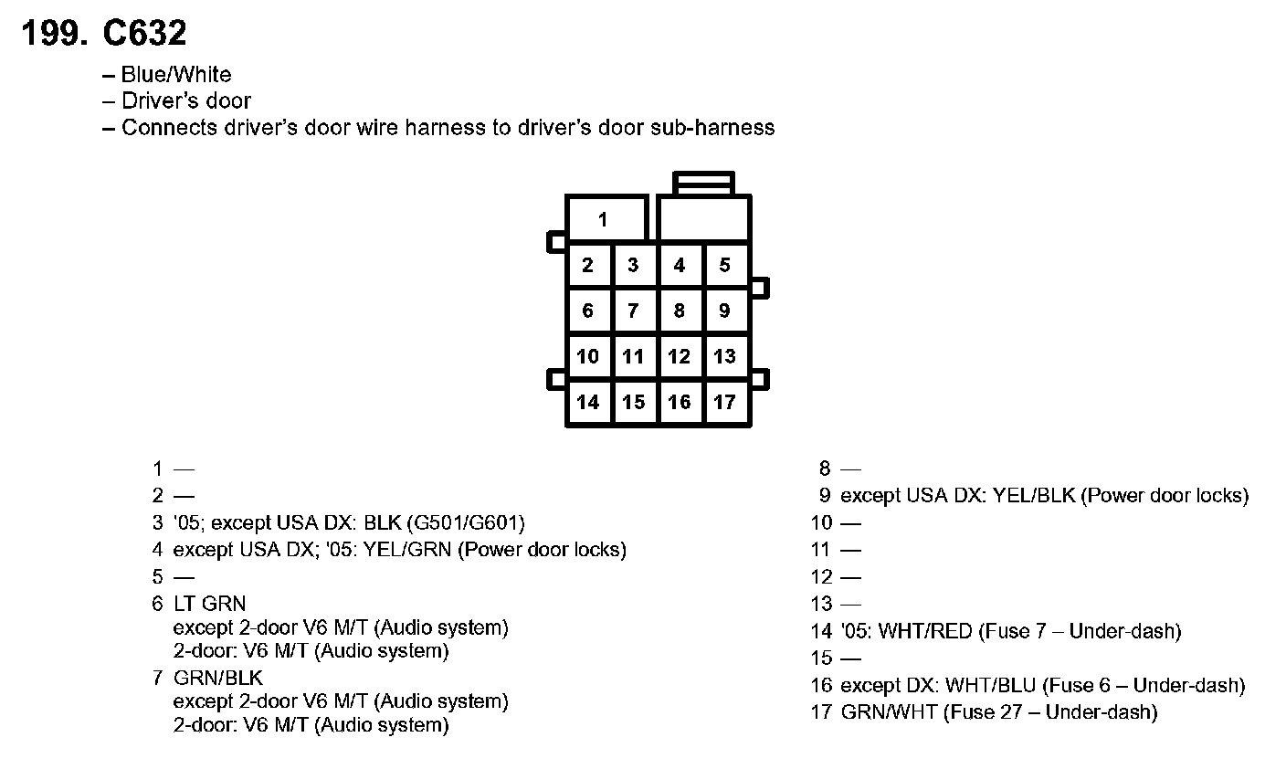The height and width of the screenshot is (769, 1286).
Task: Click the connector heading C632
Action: tap(144, 34)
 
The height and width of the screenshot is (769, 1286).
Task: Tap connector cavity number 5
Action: tap(725, 266)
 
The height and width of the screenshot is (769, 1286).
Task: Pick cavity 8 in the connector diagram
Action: tap(680, 311)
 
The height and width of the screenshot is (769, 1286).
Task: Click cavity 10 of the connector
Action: tap(588, 356)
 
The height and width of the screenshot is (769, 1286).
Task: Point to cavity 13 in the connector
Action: tap(725, 356)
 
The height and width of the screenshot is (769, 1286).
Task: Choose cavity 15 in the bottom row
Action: tap(634, 402)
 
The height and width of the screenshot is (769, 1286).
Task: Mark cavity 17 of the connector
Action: tap(725, 402)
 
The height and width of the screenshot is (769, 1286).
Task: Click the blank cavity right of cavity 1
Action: tap(704, 219)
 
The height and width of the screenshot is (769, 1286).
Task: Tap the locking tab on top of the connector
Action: tap(703, 183)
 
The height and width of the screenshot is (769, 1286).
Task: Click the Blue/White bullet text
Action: tap(176, 75)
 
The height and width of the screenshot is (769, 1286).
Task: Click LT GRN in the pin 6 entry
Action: tap(209, 604)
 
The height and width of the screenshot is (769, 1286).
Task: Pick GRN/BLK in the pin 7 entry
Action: tap(217, 678)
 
